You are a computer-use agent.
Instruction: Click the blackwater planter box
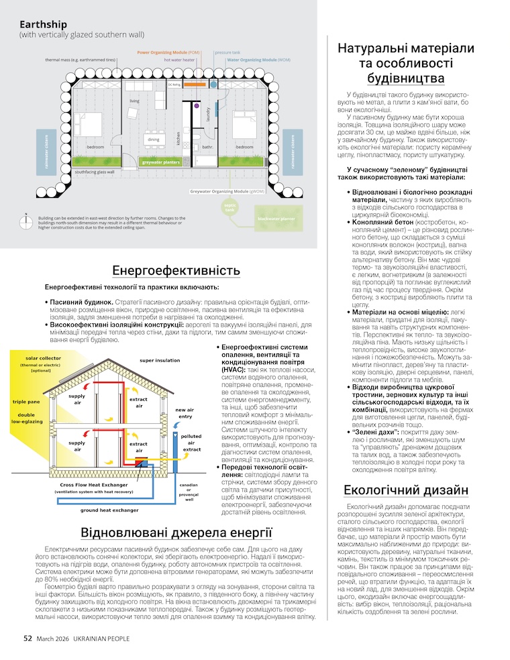[x=275, y=219]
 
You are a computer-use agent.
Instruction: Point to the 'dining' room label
[x=154, y=140]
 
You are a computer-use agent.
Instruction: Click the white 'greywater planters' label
[x=160, y=162]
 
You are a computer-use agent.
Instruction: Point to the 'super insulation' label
[x=160, y=360]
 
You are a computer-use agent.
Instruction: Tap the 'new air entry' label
[x=185, y=412]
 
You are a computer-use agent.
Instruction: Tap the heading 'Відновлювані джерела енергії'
[x=176, y=533]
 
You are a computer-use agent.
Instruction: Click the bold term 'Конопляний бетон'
[x=381, y=221]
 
